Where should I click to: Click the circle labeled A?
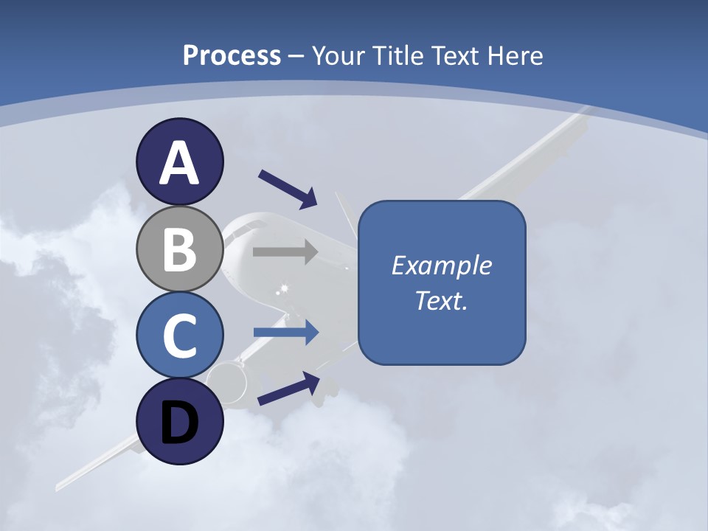point(180,162)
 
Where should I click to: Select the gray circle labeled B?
point(180,249)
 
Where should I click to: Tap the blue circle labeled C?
point(180,336)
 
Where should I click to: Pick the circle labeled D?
point(180,422)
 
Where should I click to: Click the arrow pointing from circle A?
point(288,189)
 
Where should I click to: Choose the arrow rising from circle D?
point(288,389)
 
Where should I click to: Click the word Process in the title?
point(232,55)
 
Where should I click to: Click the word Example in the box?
point(441,265)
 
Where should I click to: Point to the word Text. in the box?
point(441,300)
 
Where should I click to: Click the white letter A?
point(180,162)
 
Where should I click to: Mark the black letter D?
point(180,423)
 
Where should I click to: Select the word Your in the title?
point(339,55)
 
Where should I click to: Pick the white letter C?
point(180,336)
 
